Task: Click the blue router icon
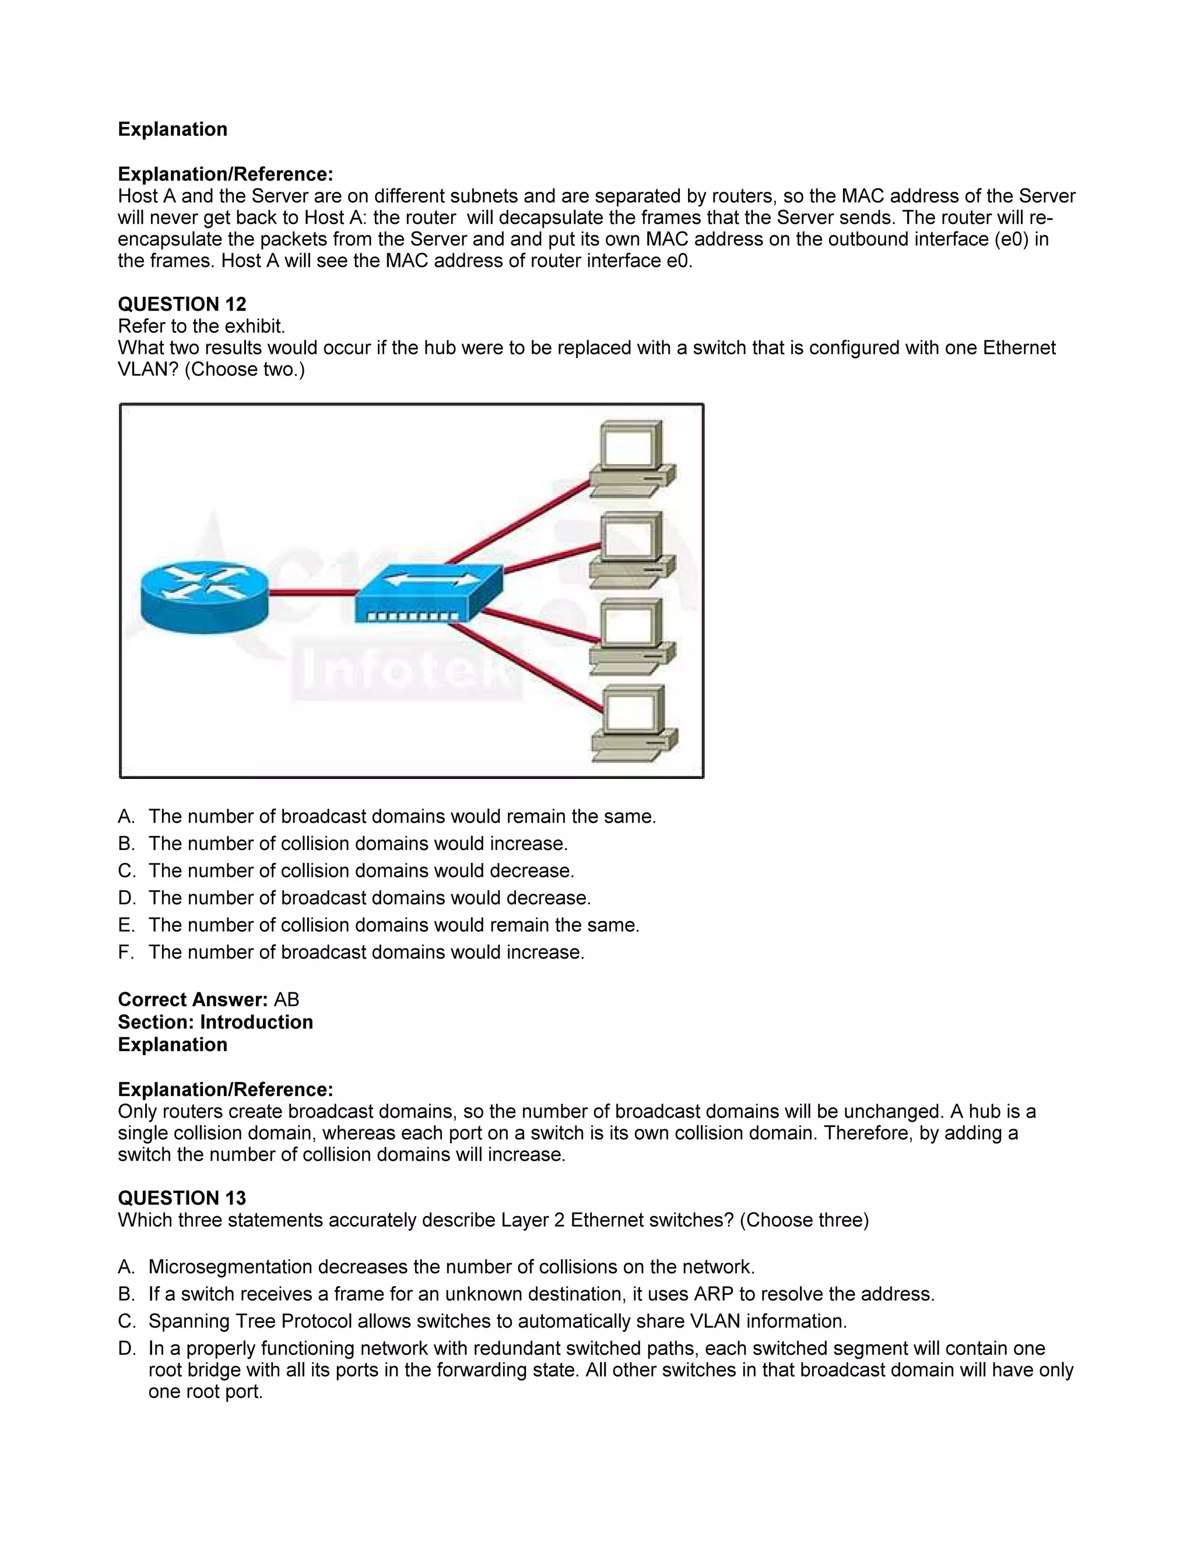pyautogui.click(x=205, y=594)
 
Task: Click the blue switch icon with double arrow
pyautogui.click(x=429, y=593)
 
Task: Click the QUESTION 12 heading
pyautogui.click(x=182, y=304)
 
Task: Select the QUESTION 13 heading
pyautogui.click(x=182, y=1198)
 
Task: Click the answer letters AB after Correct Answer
pyautogui.click(x=286, y=999)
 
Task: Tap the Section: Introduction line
pyautogui.click(x=215, y=1022)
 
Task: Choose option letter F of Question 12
pyautogui.click(x=125, y=952)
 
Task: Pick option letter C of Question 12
pyautogui.click(x=126, y=871)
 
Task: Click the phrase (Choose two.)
pyautogui.click(x=245, y=369)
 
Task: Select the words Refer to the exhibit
pyautogui.click(x=202, y=326)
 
